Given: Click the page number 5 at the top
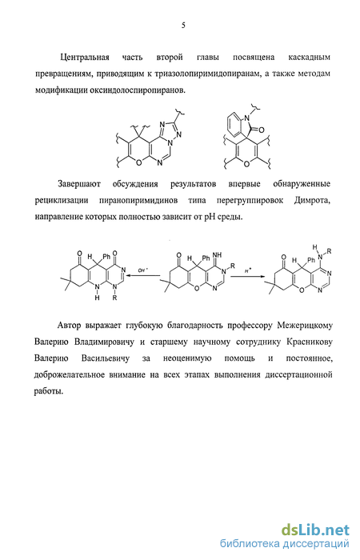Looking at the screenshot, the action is [x=183, y=26].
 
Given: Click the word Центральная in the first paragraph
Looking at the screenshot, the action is [x=85, y=57].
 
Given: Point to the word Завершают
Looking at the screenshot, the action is [x=79, y=184].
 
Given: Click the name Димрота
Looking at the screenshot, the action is [x=312, y=200].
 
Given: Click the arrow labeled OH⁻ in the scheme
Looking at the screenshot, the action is [x=143, y=275].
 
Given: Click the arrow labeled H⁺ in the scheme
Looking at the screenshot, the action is [x=248, y=276].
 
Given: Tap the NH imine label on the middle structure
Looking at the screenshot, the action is [x=217, y=255].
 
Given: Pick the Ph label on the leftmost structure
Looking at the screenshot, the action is [x=106, y=257].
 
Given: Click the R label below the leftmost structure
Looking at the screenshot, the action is [x=114, y=298].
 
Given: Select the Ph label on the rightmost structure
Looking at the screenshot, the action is [x=311, y=260].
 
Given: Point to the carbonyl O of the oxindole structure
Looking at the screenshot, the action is [x=261, y=130].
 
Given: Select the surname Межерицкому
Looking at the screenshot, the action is [x=305, y=326].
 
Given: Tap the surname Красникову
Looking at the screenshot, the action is [x=310, y=342].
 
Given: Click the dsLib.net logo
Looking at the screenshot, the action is [x=315, y=529].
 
